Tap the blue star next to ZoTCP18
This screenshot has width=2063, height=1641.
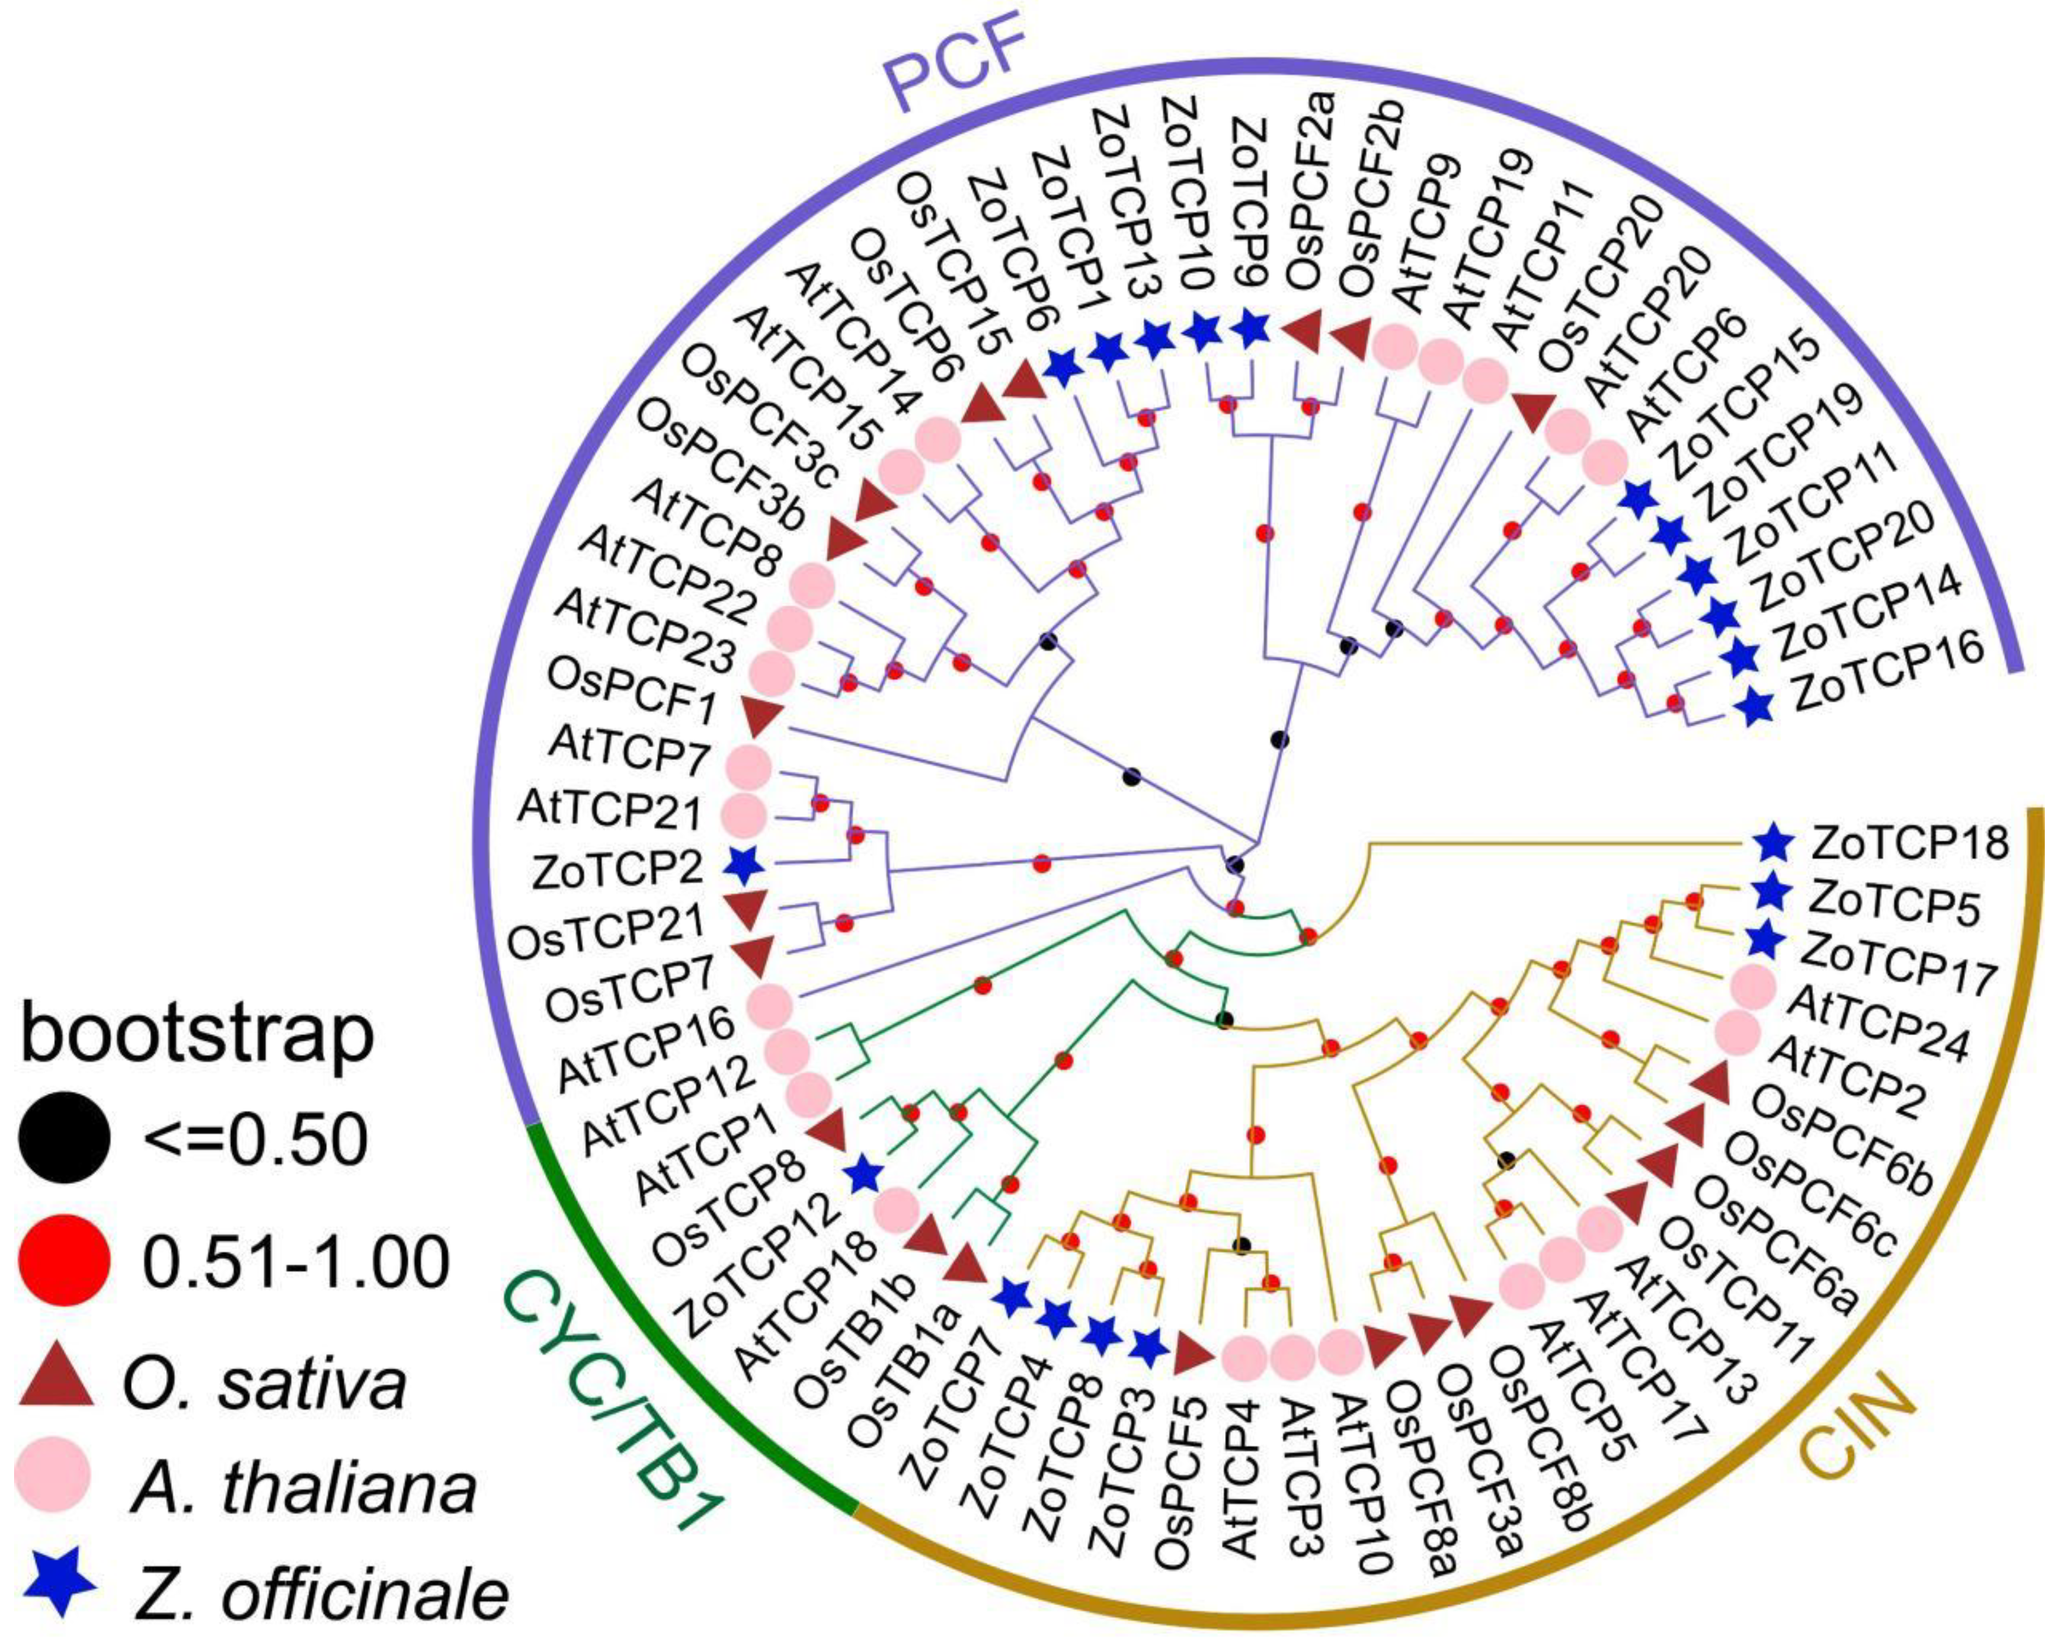click(x=1772, y=842)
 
